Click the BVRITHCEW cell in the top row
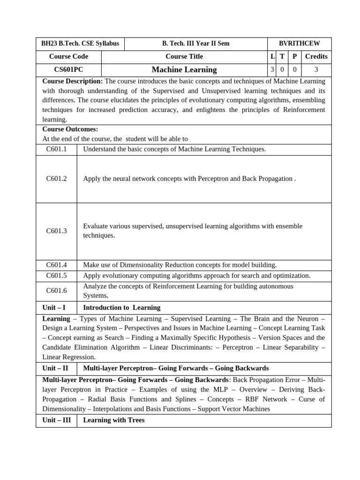click(x=299, y=44)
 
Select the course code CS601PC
click(x=68, y=70)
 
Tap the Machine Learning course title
click(x=184, y=70)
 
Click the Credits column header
click(x=316, y=56)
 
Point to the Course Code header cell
click(x=68, y=56)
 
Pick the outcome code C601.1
click(x=56, y=149)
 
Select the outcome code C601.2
click(x=56, y=179)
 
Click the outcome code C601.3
click(x=56, y=231)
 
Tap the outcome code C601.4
click(x=56, y=265)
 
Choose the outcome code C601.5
click(x=56, y=276)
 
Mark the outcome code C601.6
click(x=56, y=291)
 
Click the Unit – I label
click(x=54, y=307)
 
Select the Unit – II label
click(x=55, y=368)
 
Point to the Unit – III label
click(x=56, y=420)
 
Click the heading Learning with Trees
click(x=114, y=420)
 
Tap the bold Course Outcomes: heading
click(x=70, y=129)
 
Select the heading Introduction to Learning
click(x=121, y=307)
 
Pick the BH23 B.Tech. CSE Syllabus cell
click(x=80, y=44)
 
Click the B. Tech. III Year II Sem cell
click(x=196, y=44)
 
